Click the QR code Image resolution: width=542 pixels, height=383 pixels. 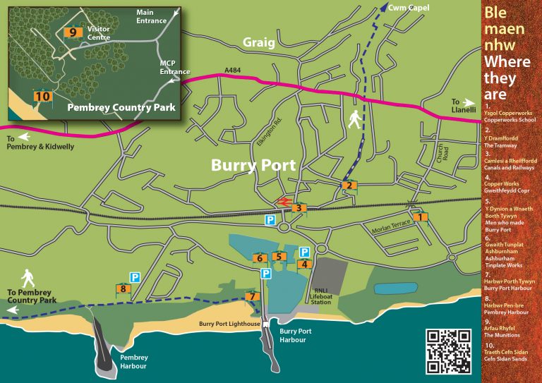(x=450, y=351)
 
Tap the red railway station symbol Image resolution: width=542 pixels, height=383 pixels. (x=284, y=202)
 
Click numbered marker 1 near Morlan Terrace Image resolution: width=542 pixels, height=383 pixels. (x=421, y=217)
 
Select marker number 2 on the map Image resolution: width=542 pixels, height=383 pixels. (x=348, y=186)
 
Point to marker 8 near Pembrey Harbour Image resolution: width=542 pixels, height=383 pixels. (x=124, y=288)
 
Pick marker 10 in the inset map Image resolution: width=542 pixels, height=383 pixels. (x=42, y=96)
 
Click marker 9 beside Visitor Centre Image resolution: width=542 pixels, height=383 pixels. (x=71, y=32)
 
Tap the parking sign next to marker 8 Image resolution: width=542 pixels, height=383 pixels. (x=134, y=278)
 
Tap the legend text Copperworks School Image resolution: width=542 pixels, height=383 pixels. (x=510, y=121)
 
